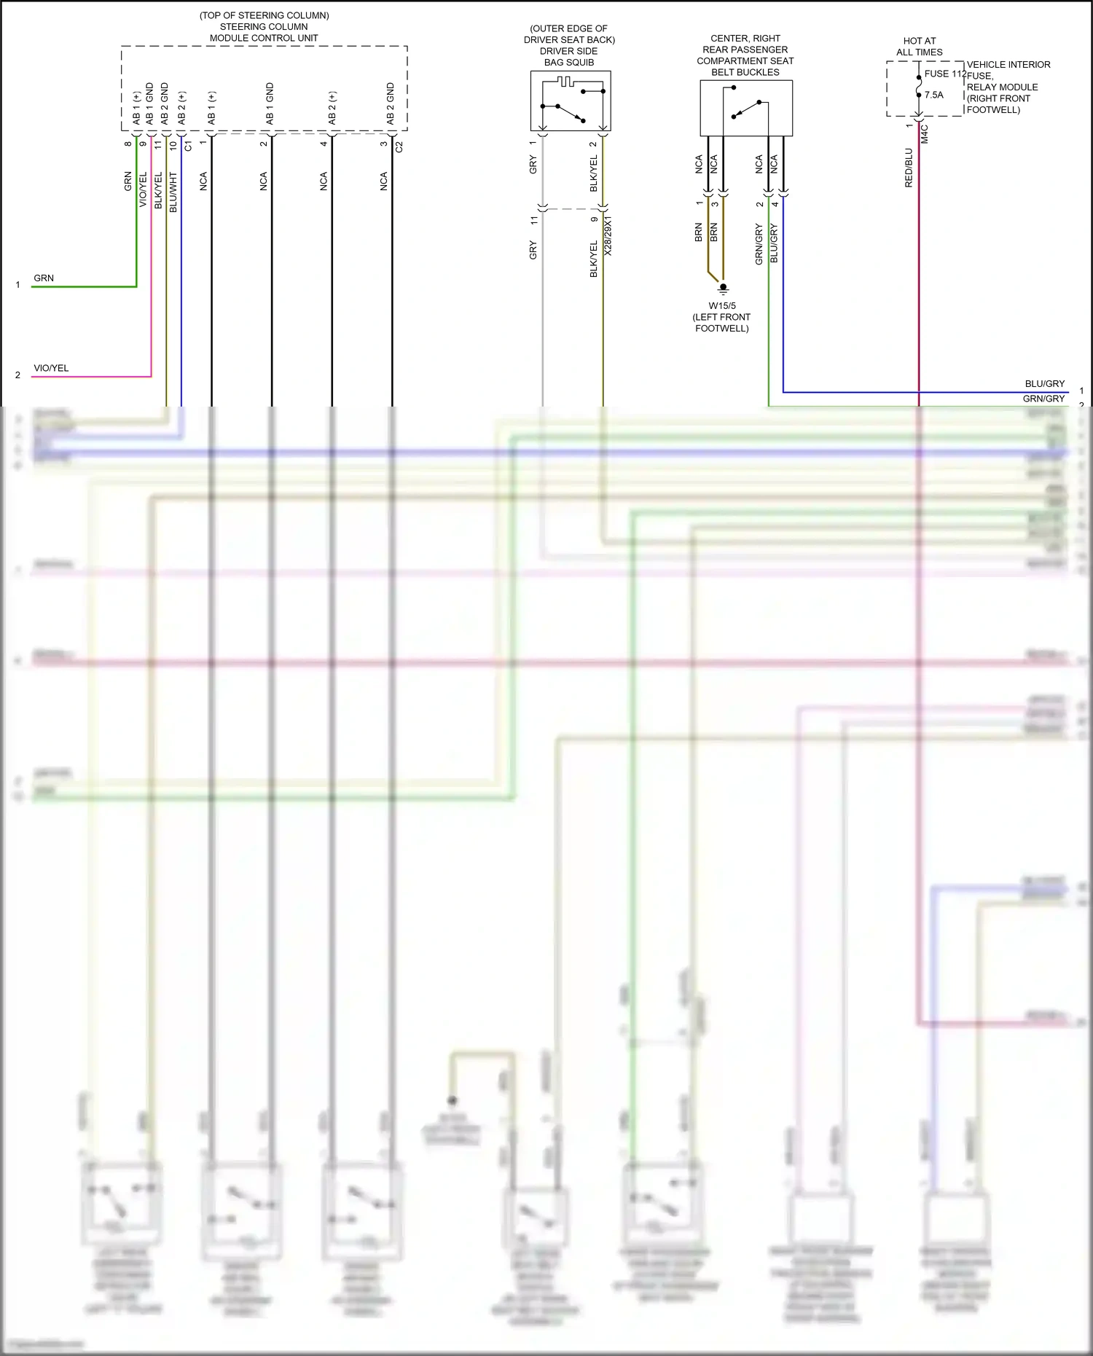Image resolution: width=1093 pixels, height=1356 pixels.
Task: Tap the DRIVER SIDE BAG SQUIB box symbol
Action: tap(571, 101)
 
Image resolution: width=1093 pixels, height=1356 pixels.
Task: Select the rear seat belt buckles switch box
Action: tap(746, 108)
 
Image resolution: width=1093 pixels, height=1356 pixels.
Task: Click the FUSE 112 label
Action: tap(945, 74)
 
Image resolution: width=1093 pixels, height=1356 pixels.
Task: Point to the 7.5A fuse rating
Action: tap(933, 95)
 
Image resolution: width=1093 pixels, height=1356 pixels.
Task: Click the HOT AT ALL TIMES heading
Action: tap(920, 47)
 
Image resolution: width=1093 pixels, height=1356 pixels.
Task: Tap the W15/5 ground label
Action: tap(722, 306)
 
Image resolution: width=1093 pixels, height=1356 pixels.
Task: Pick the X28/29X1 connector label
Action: tap(608, 235)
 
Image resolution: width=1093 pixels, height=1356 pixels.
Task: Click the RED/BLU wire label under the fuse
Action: tap(909, 168)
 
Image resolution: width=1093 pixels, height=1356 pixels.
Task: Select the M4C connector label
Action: tap(925, 134)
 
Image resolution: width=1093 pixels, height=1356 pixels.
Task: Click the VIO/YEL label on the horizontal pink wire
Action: tap(51, 368)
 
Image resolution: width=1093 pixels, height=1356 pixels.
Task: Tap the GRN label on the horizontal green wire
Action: tap(44, 278)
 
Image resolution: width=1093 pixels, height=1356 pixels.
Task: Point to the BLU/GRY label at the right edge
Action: tap(1044, 383)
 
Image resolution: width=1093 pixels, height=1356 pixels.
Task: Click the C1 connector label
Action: tap(188, 146)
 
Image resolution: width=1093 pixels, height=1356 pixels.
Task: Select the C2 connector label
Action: tap(399, 146)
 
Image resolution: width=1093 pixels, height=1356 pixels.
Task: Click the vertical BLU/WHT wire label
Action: tap(173, 192)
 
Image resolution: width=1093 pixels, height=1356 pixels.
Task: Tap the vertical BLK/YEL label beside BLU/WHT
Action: tap(159, 191)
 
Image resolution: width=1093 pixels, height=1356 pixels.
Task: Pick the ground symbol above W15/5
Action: tap(723, 288)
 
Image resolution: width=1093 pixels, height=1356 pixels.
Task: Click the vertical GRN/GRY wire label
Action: tap(759, 244)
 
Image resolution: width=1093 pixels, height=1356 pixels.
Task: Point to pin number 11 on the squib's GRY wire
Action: tap(533, 219)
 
